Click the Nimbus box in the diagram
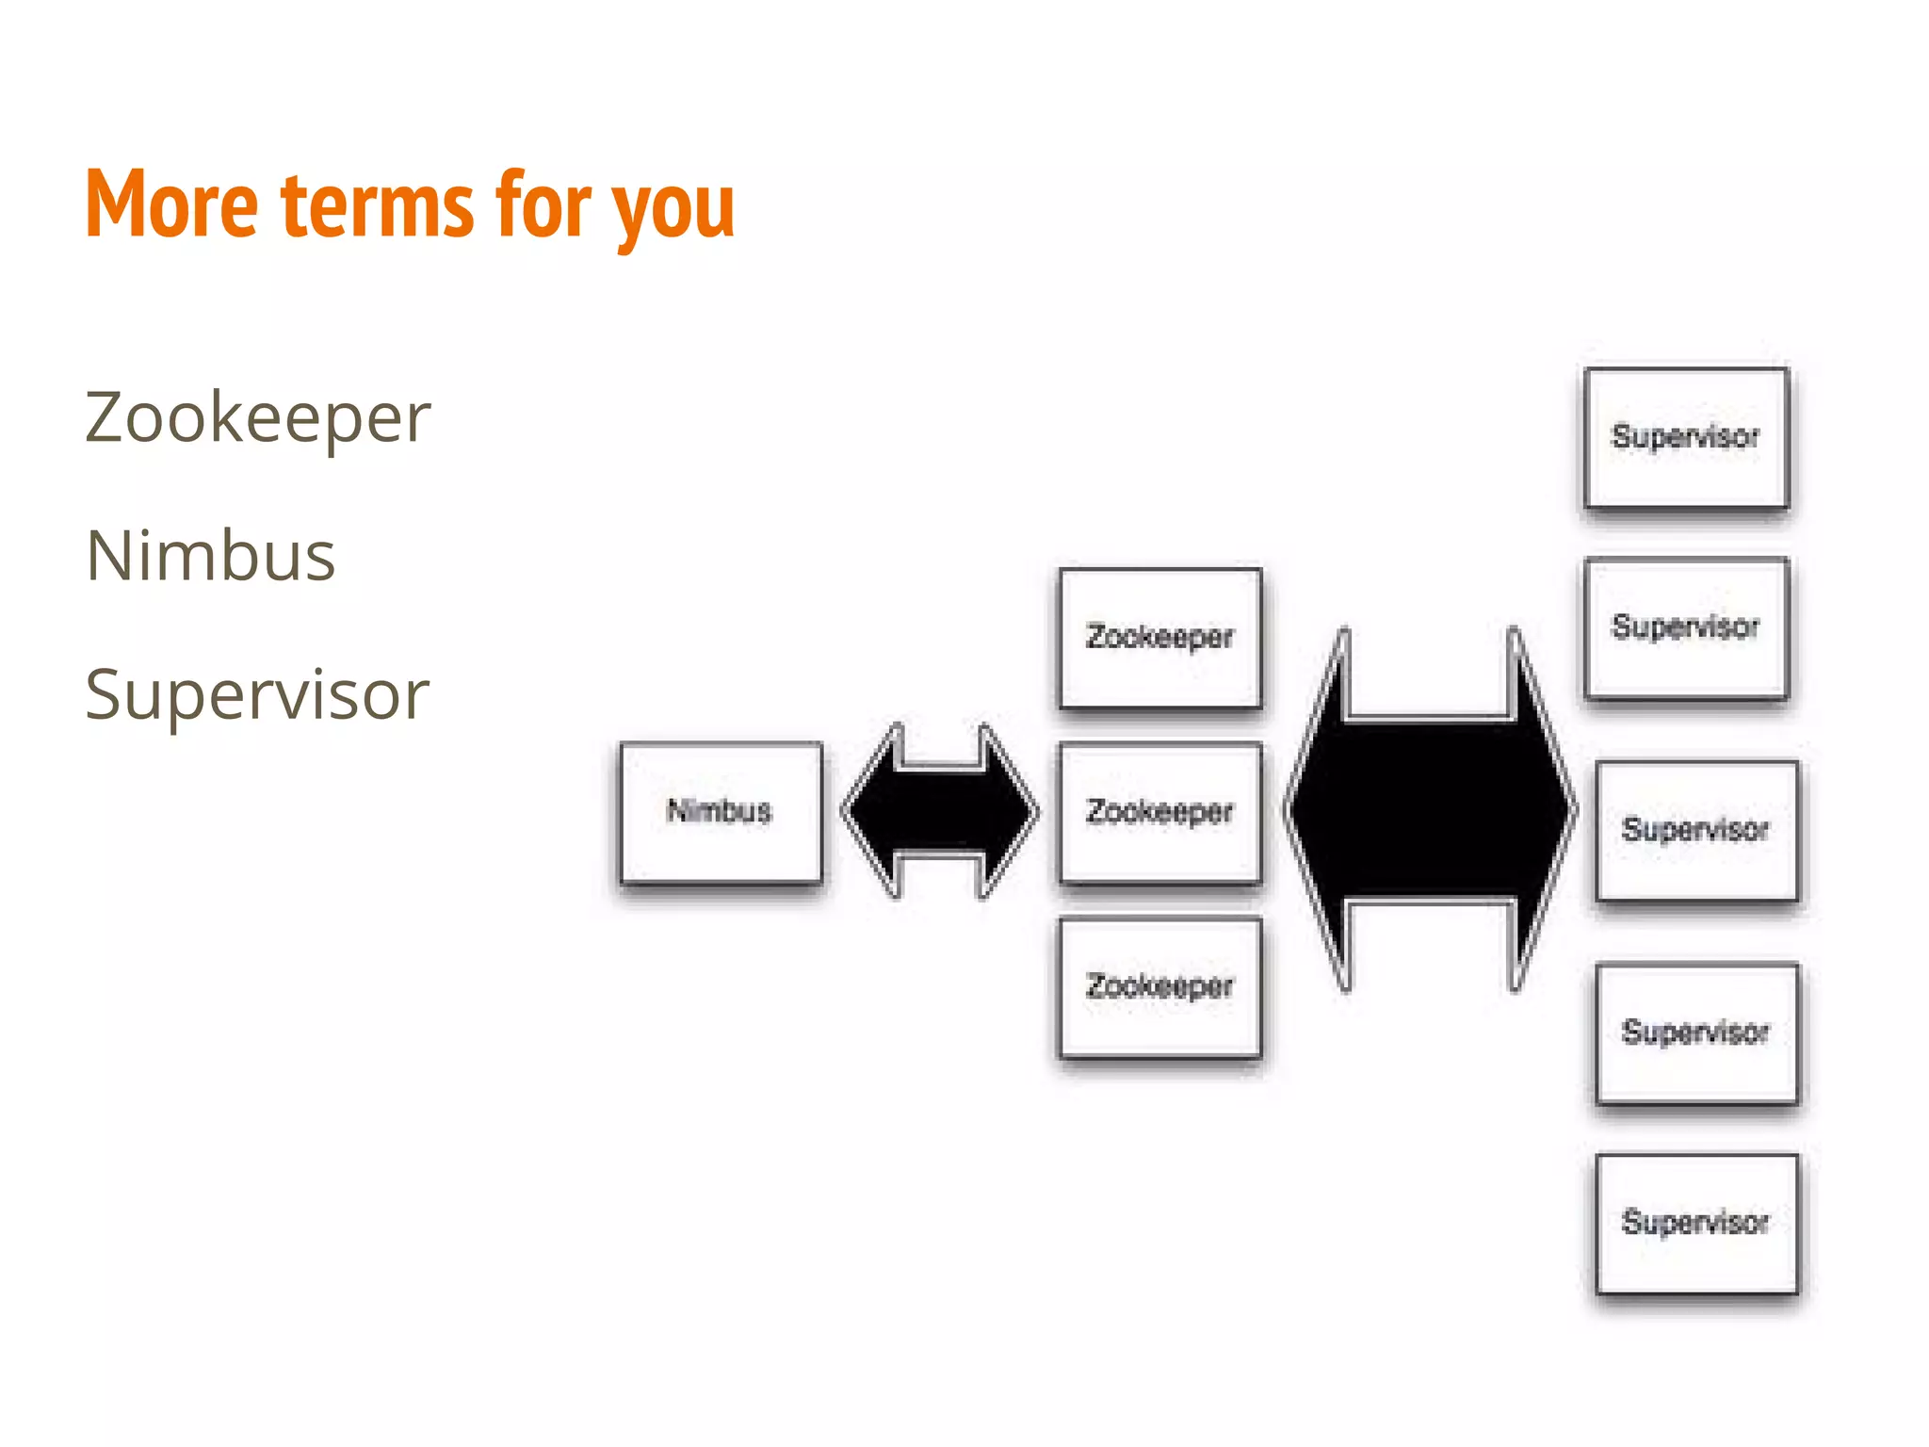coord(721,812)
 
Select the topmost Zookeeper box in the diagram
coord(1159,638)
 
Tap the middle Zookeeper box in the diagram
coord(1159,812)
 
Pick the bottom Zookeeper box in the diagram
coord(1159,987)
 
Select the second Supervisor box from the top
coord(1686,627)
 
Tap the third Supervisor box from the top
coord(1696,830)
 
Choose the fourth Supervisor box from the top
coord(1696,1032)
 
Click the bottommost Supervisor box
coord(1696,1223)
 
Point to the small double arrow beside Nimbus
coord(940,811)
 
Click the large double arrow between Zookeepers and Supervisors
coord(1430,810)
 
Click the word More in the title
coord(171,204)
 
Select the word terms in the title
coord(377,204)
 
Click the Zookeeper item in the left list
coord(257,417)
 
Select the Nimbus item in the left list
coord(210,556)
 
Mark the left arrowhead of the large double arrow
coord(1319,810)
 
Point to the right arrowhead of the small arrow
coord(1008,811)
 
